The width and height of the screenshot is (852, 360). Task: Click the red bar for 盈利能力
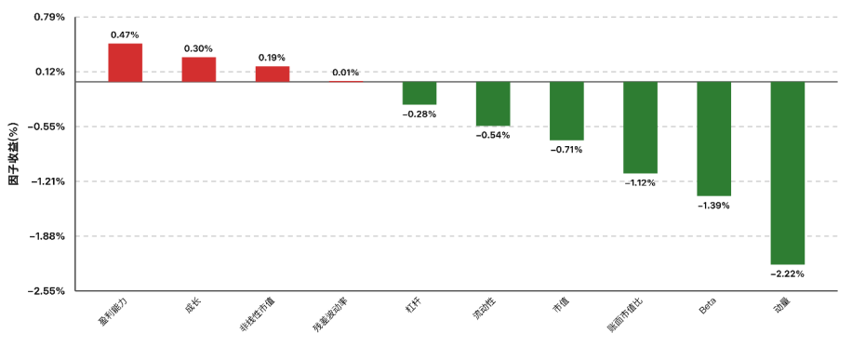point(125,62)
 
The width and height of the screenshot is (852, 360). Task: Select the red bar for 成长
point(199,70)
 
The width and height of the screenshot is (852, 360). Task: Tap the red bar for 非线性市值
point(273,74)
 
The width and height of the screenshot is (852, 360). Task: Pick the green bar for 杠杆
point(419,93)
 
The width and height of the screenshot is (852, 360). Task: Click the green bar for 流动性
point(493,104)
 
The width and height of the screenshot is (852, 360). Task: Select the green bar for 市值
point(566,111)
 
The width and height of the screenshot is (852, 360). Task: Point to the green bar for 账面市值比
point(640,127)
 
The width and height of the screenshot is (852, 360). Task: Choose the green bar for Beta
point(714,139)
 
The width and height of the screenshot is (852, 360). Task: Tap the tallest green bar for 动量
point(787,173)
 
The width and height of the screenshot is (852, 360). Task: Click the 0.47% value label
point(125,34)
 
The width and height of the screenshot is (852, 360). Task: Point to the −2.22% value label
point(787,273)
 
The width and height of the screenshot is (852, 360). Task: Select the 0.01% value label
point(346,73)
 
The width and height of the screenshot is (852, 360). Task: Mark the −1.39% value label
point(714,206)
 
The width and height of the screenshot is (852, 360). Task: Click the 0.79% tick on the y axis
point(49,17)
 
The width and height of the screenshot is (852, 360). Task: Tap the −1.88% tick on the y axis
point(47,236)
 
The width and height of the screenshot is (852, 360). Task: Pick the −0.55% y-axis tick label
point(47,127)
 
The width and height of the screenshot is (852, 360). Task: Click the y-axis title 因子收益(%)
point(14,153)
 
